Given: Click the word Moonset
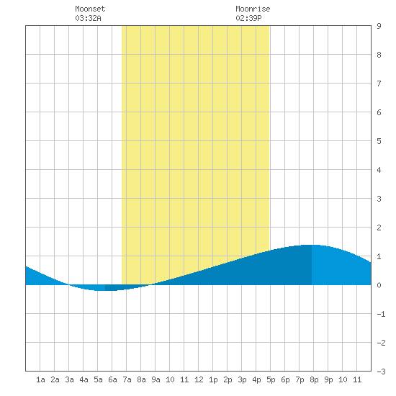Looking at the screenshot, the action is [90, 9].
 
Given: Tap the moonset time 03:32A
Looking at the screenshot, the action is [88, 18].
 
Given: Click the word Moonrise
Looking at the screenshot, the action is [253, 9].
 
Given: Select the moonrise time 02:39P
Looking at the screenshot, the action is [248, 18].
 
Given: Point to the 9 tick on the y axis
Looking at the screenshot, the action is [379, 26].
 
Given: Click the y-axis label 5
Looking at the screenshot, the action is [379, 141].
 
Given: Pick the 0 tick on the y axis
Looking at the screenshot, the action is [379, 285].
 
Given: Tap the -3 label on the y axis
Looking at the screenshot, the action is [381, 372].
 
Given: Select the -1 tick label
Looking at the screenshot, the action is [381, 314].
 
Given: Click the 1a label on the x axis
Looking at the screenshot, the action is [40, 379].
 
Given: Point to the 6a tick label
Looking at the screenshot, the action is [112, 379].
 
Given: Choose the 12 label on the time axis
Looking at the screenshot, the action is [199, 379].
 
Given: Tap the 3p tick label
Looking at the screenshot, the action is [242, 380].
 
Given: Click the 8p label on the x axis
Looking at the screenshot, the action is [314, 380].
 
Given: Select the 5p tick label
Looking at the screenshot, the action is [271, 380].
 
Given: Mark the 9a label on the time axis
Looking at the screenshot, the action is [156, 379].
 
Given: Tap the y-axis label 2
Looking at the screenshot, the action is [379, 228].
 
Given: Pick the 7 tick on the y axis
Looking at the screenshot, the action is [379, 84].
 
